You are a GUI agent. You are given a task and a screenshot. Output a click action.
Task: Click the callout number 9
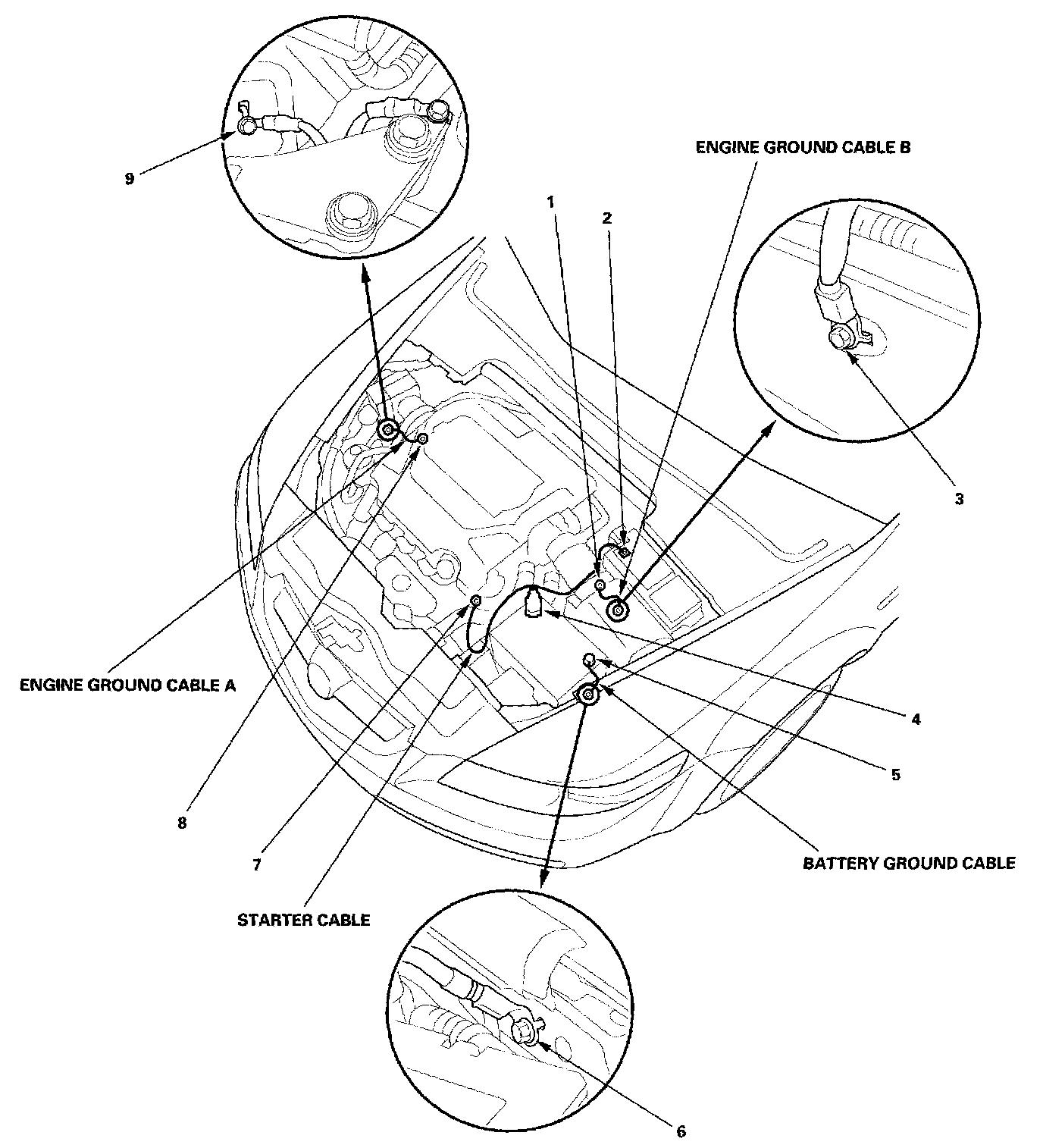[x=130, y=180]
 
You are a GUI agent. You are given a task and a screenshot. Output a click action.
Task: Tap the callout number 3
[x=958, y=499]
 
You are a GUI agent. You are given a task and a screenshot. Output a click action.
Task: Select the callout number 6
[x=680, y=1131]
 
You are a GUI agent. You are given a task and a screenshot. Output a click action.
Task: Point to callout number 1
[x=551, y=202]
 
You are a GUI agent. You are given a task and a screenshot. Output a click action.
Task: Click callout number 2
[x=606, y=218]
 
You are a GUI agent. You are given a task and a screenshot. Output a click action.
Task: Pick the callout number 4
[x=916, y=719]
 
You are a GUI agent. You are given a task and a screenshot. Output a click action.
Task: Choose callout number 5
[x=894, y=774]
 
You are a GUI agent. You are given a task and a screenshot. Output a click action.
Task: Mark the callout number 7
[x=257, y=864]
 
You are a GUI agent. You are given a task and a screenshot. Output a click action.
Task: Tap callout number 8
[x=182, y=822]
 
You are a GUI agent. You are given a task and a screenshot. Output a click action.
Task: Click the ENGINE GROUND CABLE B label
[x=803, y=148]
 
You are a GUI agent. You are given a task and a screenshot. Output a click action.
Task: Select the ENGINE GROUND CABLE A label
[x=127, y=685]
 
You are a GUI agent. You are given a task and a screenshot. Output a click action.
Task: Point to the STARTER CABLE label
[x=304, y=921]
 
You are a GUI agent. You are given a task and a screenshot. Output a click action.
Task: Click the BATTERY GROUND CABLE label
[x=909, y=863]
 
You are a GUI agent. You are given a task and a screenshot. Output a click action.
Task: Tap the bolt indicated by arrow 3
[x=842, y=340]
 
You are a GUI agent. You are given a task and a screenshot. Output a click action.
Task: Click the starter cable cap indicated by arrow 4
[x=534, y=604]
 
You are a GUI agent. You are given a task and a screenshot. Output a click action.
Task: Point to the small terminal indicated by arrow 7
[x=475, y=601]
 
